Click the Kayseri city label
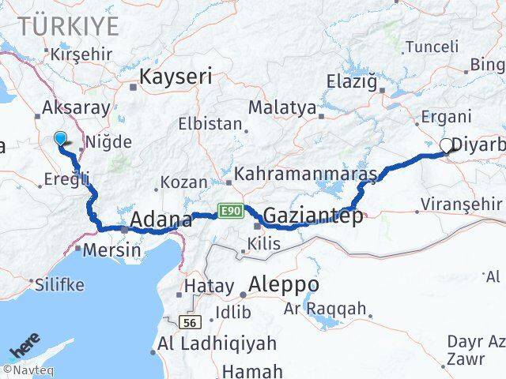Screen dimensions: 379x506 pos(176,77)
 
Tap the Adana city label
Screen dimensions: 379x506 pos(161,219)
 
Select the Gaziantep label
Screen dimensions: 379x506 pos(313,215)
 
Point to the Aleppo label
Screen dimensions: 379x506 pos(284,284)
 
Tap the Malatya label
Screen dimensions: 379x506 pos(282,107)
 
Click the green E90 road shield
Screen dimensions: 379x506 pos(230,211)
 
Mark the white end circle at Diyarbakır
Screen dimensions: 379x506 pos(446,144)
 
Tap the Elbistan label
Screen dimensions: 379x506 pos(209,124)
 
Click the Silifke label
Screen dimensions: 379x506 pos(56,283)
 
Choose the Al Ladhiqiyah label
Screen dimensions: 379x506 pos(217,343)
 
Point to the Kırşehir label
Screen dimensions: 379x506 pos(81,54)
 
